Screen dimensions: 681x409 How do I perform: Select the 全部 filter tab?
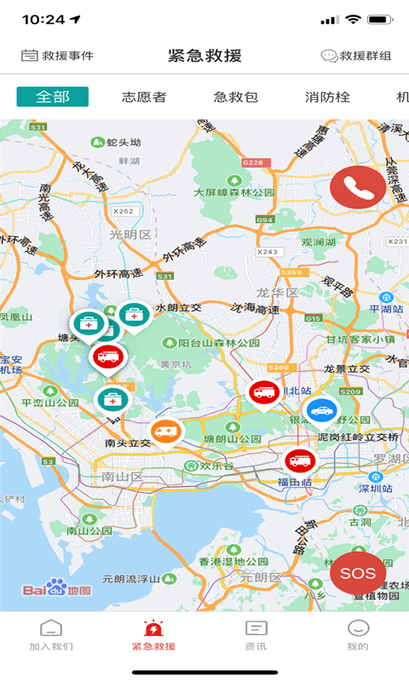(52, 97)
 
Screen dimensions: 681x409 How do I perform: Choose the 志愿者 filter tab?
(144, 97)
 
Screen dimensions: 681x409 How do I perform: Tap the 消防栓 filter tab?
(327, 97)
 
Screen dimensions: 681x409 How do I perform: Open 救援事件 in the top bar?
(57, 56)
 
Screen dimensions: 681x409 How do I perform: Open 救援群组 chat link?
(356, 56)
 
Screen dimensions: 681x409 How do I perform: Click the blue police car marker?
(321, 411)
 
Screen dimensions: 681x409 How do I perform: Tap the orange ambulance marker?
(167, 432)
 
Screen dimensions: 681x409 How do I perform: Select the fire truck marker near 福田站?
(300, 461)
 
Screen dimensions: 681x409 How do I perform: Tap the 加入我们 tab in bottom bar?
(51, 635)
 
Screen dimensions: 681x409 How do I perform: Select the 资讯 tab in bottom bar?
(256, 635)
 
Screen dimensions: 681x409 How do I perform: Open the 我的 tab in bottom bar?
(358, 635)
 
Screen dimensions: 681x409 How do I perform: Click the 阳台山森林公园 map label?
(213, 343)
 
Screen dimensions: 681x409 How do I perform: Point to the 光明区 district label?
(130, 234)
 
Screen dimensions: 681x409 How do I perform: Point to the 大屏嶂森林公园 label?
(234, 192)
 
